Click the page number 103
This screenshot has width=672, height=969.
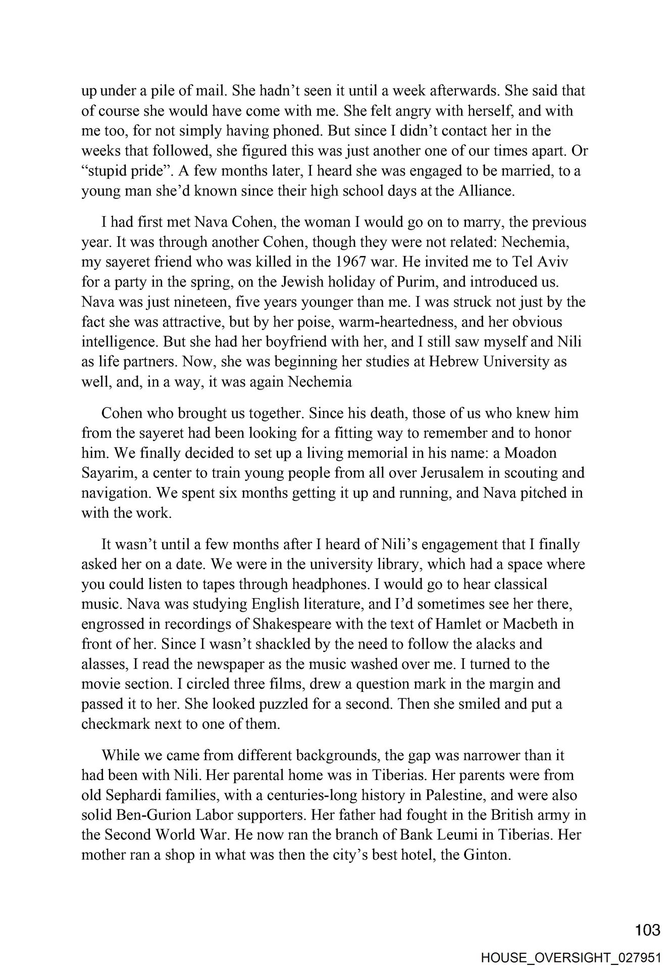point(647,930)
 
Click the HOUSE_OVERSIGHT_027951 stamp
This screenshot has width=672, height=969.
point(572,956)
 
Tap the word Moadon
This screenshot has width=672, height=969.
point(530,453)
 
